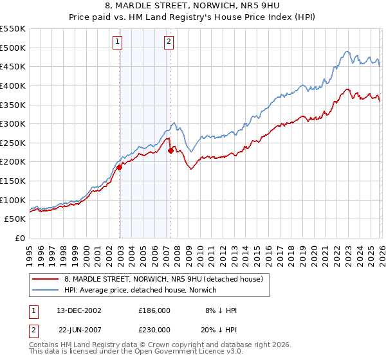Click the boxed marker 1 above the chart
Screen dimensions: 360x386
tap(118, 42)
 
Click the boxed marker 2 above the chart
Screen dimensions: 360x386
tap(169, 42)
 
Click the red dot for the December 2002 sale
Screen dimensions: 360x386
tap(120, 167)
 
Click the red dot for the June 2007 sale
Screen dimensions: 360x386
tap(170, 150)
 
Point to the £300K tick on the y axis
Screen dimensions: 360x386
tap(12, 123)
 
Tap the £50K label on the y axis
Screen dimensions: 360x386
tap(15, 219)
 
